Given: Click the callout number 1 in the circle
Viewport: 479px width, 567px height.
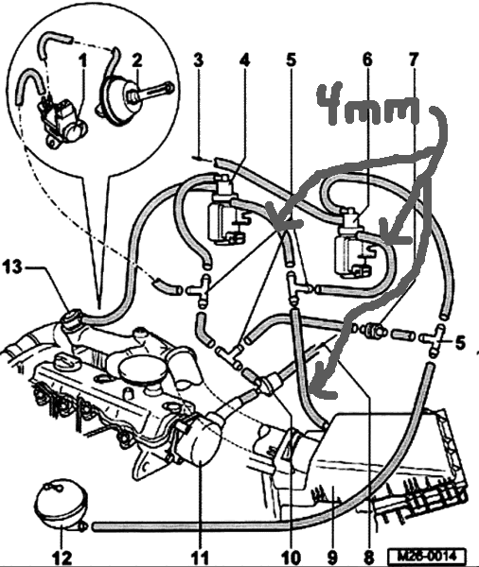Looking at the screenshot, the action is tap(83, 61).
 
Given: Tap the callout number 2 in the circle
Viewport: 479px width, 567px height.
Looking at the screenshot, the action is tap(137, 60).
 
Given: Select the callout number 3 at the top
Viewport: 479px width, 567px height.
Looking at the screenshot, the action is tap(198, 60).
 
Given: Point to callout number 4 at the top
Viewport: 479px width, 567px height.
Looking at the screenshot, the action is tap(244, 60).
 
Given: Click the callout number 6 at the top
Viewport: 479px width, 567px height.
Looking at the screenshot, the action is tap(367, 60).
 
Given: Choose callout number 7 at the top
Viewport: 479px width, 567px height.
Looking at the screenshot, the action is tap(414, 60).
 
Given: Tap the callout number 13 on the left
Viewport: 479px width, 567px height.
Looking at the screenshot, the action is tap(12, 268).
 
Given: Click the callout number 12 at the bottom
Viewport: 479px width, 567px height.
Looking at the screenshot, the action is tap(62, 558).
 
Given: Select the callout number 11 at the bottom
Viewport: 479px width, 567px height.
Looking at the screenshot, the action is tap(200, 558).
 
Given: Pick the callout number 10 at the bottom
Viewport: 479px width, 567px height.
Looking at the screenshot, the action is tap(291, 558).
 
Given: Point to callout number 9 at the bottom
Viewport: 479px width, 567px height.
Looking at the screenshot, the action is tap(332, 558).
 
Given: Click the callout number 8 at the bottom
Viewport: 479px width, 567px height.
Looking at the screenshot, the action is tap(369, 558).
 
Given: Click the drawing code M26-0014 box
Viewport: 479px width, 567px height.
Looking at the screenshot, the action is tap(427, 555).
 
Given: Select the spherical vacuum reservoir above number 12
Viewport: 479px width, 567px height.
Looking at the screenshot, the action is tap(61, 507).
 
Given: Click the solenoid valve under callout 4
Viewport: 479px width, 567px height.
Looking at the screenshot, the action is tap(226, 212).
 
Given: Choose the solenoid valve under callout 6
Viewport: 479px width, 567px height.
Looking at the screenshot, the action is tap(351, 244).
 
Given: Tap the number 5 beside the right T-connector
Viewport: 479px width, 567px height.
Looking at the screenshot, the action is tap(460, 343).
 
